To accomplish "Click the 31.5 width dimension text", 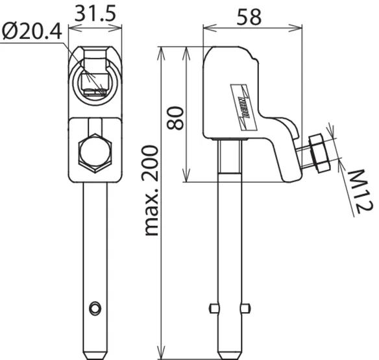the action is coord(95,13).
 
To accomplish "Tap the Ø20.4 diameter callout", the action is coord(32,31).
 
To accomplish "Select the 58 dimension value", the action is coord(249,17).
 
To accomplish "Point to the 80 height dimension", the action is coord(175,118).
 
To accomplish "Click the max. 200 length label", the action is coord(151,191).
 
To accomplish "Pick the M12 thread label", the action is coord(360,191).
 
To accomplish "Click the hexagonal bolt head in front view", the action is coord(95,153).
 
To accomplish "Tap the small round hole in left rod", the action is coord(95,308).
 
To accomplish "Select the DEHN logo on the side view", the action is coord(243,107).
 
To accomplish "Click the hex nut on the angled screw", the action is coord(319,152).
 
